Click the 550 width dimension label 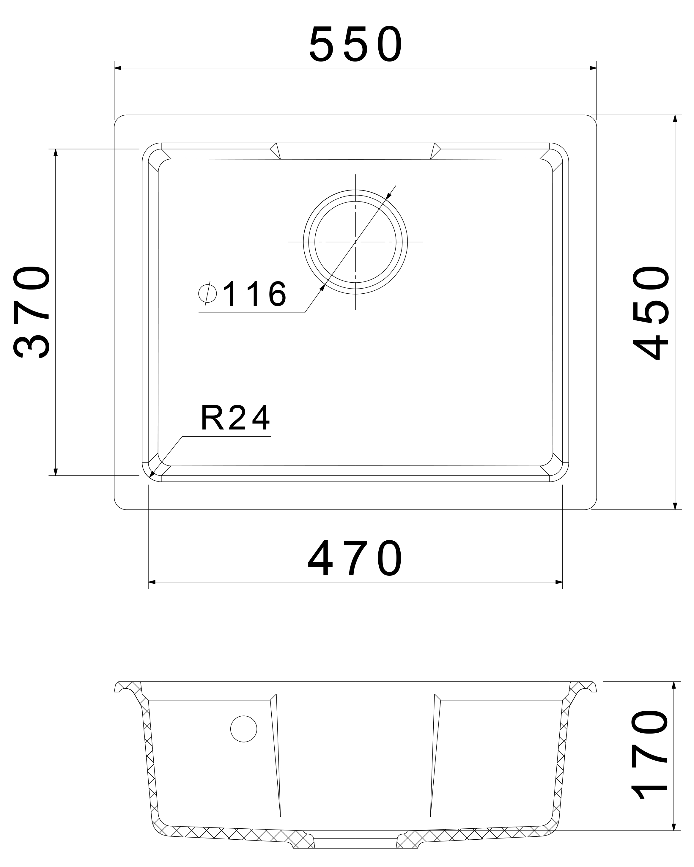coord(355,44)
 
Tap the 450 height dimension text coord(651,312)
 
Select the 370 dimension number coord(32,312)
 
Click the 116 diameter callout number coord(254,294)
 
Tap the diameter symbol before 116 coord(207,294)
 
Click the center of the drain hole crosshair coord(355,242)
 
